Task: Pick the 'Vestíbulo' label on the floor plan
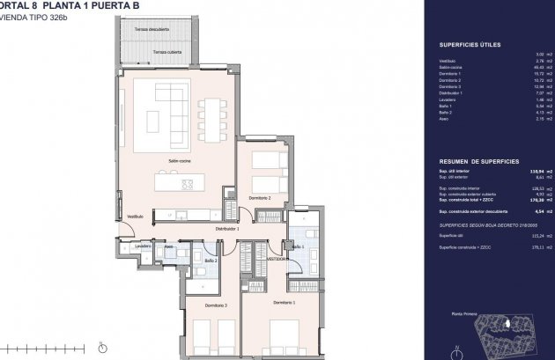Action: (134, 216)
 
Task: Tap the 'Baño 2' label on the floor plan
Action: (211, 261)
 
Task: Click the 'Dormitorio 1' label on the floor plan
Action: (283, 302)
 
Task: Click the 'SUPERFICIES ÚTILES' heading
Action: (463, 44)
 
